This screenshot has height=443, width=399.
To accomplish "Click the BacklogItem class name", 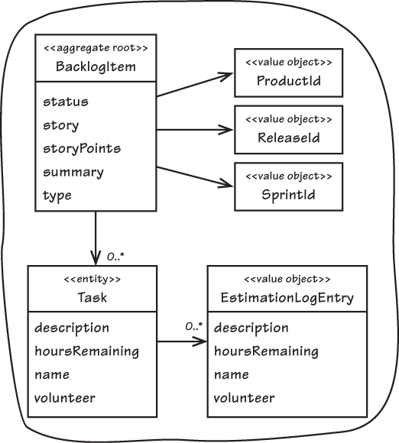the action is click(x=96, y=66).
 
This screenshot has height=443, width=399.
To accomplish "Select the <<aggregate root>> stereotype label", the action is click(x=96, y=48).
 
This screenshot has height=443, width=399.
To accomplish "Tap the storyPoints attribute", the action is click(x=82, y=149).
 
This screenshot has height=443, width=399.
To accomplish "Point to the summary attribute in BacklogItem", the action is click(x=73, y=173).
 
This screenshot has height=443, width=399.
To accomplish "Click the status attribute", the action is click(x=66, y=102).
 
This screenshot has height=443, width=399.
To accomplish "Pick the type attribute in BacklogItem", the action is click(x=57, y=196).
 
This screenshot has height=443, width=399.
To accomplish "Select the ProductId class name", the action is click(x=289, y=81).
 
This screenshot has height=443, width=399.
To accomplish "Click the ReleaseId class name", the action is click(x=289, y=138).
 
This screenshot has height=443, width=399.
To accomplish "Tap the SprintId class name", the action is click(x=288, y=195).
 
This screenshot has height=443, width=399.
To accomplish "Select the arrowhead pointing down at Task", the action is click(x=96, y=258).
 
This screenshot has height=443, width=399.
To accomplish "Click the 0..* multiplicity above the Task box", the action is click(x=115, y=257).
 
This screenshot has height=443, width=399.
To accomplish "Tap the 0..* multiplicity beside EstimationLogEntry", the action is click(x=194, y=327).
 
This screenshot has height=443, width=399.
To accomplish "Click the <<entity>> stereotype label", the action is click(x=92, y=279).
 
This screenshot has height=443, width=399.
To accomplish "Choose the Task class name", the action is click(x=92, y=298).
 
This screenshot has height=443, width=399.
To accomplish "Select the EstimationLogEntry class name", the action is click(x=287, y=298).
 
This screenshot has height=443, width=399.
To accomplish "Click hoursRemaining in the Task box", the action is click(x=87, y=352).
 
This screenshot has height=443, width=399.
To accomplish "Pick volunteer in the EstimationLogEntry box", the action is click(x=245, y=398).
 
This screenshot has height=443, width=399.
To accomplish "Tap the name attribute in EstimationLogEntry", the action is click(x=232, y=375).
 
